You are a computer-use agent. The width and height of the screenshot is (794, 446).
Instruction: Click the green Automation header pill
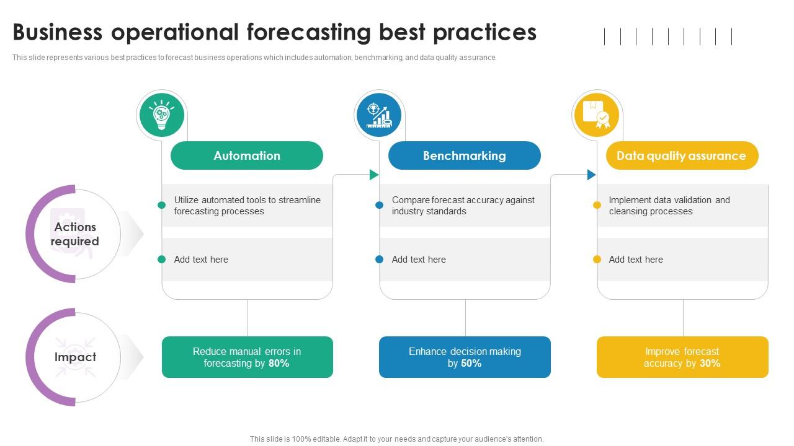tap(247, 155)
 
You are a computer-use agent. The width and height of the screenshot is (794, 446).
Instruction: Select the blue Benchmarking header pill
tap(464, 155)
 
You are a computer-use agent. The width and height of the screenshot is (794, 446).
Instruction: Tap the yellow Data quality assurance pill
tap(681, 155)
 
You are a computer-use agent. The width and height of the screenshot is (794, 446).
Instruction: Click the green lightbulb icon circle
tap(161, 115)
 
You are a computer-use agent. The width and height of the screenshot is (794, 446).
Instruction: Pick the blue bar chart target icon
tap(378, 115)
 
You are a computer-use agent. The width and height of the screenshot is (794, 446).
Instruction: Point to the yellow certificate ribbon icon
tap(596, 115)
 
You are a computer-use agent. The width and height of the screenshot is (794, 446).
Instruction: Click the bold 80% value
tap(279, 364)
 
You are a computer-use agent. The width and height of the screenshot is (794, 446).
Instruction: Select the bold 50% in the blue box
tap(471, 364)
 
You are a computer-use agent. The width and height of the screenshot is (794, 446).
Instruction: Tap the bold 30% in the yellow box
tap(710, 364)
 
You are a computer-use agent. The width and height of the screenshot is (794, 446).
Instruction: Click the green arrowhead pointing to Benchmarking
tap(374, 175)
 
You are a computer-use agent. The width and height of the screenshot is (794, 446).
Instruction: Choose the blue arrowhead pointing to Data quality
tap(591, 175)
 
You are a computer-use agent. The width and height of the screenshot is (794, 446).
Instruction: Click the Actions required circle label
tap(75, 234)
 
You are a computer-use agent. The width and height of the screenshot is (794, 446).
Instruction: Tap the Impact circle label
tap(75, 357)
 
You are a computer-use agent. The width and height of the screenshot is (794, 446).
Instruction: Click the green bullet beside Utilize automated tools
tap(162, 205)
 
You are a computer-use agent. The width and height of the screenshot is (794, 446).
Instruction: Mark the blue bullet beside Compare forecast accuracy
tap(379, 205)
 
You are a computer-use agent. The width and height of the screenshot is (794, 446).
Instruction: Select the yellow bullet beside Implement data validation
tap(597, 205)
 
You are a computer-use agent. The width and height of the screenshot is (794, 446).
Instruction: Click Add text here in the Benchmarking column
tap(419, 260)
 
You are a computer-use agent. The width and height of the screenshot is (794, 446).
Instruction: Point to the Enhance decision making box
tap(465, 357)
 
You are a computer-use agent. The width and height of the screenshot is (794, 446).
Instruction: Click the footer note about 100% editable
tap(397, 439)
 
